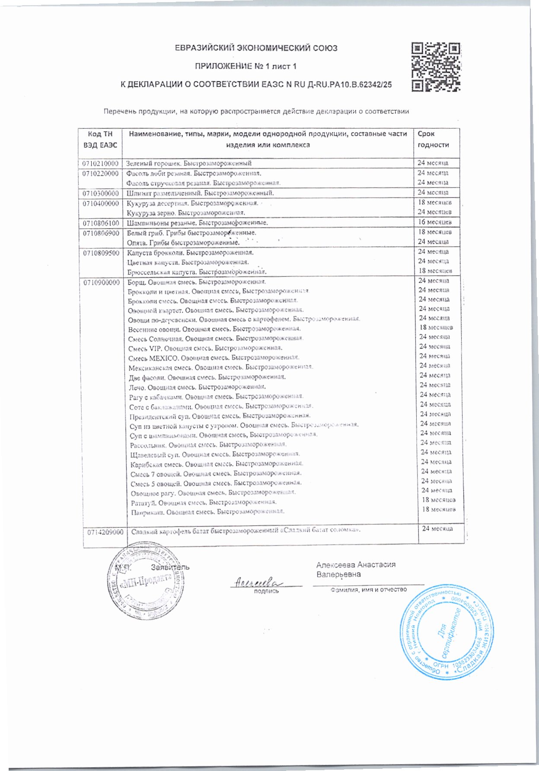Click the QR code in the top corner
click(436, 67)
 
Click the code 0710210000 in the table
click(100, 163)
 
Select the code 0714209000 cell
click(105, 533)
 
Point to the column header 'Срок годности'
click(433, 140)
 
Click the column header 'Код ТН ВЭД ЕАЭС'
click(100, 140)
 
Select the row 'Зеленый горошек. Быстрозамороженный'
click(189, 163)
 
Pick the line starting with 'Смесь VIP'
click(206, 348)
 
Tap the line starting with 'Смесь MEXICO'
click(214, 358)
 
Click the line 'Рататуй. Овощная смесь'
click(204, 502)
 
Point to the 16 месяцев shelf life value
click(434, 222)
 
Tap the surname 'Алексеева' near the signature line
click(335, 565)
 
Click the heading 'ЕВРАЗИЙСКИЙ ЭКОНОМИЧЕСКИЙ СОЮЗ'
click(256, 48)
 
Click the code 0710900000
click(102, 282)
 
